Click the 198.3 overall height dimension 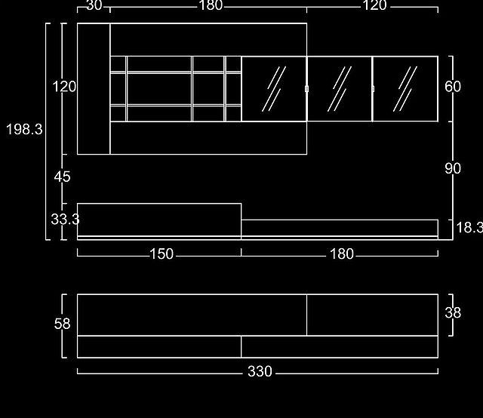(x=24, y=129)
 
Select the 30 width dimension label (x=94, y=5)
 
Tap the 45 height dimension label (x=62, y=177)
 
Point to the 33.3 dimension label (x=66, y=220)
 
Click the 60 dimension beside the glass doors (x=453, y=87)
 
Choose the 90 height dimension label (x=453, y=168)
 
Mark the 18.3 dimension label (x=469, y=228)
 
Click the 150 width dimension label (x=162, y=254)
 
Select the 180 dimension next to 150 (x=342, y=254)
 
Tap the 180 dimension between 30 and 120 (x=211, y=5)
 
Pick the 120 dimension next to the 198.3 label (x=64, y=87)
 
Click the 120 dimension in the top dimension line (x=374, y=5)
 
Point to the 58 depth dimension (x=62, y=324)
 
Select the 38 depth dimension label (x=453, y=312)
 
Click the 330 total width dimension (x=260, y=371)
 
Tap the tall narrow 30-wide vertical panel (x=94, y=89)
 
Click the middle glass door (x=340, y=89)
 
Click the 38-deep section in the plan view (x=372, y=315)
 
